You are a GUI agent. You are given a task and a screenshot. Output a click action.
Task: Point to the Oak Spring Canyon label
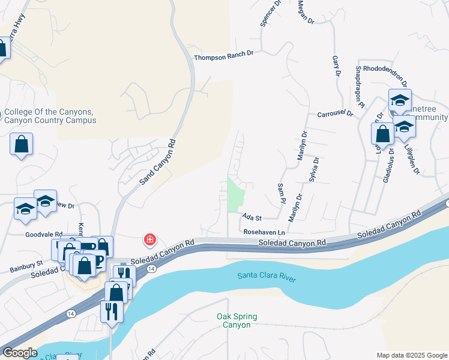(236, 320)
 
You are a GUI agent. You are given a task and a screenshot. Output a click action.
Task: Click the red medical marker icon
(149, 241)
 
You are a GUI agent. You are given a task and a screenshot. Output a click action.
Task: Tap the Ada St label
(253, 217)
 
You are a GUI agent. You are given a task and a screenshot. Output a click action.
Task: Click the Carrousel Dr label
(335, 113)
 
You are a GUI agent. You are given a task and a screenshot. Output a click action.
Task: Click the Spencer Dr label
(271, 13)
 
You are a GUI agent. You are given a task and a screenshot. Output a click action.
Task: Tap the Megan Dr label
(306, 11)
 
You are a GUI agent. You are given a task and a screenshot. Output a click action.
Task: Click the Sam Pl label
(282, 193)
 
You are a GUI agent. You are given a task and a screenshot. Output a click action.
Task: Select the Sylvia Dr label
(313, 170)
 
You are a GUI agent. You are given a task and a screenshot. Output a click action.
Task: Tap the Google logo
(20, 353)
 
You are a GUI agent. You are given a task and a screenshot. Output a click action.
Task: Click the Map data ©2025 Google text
(411, 355)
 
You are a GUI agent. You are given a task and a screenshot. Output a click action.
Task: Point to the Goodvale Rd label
(44, 235)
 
